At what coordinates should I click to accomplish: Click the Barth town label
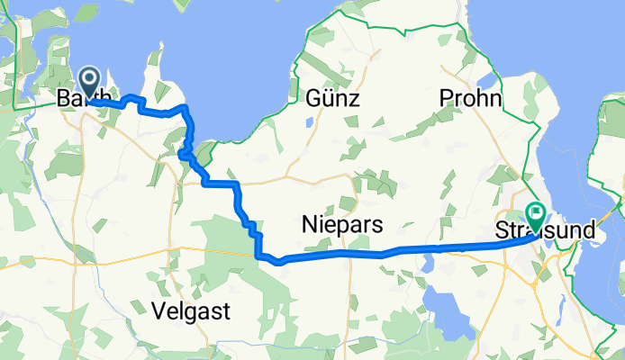[84, 98]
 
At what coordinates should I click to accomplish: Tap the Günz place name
[332, 98]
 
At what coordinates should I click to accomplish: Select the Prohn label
[470, 98]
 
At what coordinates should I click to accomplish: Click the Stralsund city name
[546, 231]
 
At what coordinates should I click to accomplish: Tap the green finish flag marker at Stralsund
[536, 217]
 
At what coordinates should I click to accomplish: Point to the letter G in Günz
[312, 98]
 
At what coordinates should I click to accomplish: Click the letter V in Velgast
[150, 311]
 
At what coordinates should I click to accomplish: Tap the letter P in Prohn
[445, 98]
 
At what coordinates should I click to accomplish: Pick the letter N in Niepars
[310, 224]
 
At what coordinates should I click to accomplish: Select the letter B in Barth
[63, 98]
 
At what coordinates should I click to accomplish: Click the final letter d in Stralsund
[589, 231]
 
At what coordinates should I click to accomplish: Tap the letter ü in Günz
[328, 98]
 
